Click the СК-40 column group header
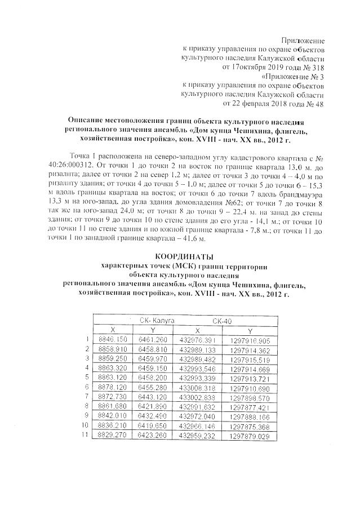coord(223,320)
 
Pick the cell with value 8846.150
coord(113,339)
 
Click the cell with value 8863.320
coord(113,369)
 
